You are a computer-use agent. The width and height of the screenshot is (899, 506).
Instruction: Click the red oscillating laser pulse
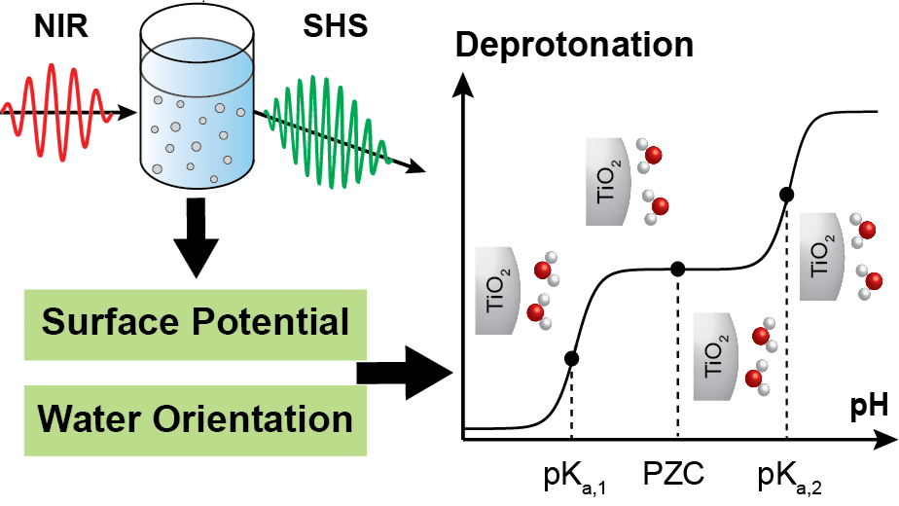tap(58, 112)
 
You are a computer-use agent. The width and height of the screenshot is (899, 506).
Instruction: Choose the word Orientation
tap(257, 419)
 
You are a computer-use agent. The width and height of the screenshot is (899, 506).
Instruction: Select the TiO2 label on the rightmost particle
tap(821, 256)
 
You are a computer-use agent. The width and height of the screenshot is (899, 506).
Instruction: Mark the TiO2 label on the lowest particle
tap(714, 356)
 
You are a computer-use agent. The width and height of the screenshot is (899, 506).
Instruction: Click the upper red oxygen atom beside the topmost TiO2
tap(654, 155)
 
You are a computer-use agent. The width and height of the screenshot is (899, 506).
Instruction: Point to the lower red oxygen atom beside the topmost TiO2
tap(661, 206)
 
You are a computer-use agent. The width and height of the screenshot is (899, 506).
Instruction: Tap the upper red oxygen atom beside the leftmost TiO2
tap(543, 271)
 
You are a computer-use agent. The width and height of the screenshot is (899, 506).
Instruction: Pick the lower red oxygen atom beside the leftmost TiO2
tap(535, 312)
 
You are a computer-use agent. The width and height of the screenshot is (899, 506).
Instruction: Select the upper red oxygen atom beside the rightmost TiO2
tap(868, 231)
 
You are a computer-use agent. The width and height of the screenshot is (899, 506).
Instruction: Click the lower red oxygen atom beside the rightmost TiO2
tap(874, 281)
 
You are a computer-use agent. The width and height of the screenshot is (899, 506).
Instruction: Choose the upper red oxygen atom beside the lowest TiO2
tap(761, 336)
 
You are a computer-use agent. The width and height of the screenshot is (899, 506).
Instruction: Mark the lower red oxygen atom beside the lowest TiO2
tap(754, 378)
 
